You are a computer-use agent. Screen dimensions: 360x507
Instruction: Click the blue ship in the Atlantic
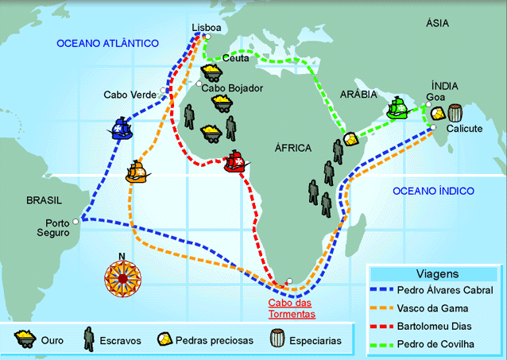pyautogui.click(x=121, y=128)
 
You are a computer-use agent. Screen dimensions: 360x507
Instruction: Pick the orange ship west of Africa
pyautogui.click(x=137, y=171)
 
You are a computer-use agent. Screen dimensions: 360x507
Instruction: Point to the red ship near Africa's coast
pyautogui.click(x=236, y=161)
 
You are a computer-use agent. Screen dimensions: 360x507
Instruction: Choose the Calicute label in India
pyautogui.click(x=464, y=128)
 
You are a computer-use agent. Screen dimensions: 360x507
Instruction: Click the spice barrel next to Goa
pyautogui.click(x=455, y=113)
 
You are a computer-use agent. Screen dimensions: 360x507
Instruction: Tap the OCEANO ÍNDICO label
pyautogui.click(x=433, y=191)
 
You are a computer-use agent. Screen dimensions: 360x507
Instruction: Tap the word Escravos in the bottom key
pyautogui.click(x=122, y=340)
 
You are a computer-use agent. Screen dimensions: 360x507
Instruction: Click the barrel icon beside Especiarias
pyautogui.click(x=276, y=339)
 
